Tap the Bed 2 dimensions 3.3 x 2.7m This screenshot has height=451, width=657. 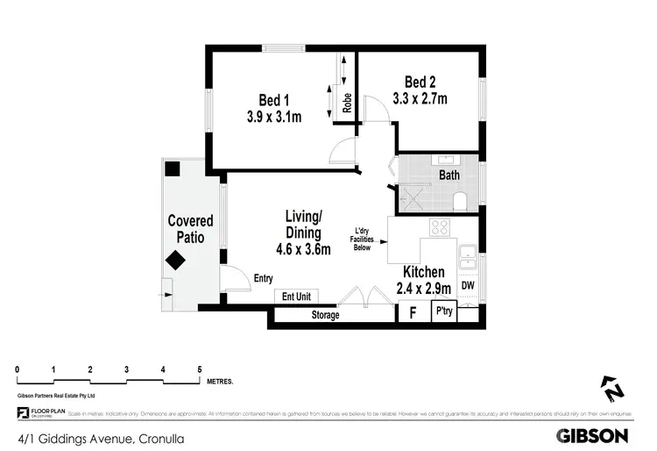click(x=419, y=99)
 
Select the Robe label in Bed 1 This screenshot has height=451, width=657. click(x=347, y=104)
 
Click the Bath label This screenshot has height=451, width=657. click(x=449, y=175)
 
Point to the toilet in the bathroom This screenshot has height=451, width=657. click(x=460, y=204)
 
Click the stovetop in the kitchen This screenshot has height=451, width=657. click(x=439, y=228)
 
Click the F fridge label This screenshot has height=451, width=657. click(x=411, y=311)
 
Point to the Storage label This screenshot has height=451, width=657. click(x=325, y=315)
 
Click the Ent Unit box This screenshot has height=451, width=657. click(x=296, y=297)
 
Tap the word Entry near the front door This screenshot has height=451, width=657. click(x=263, y=279)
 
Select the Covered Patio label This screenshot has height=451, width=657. click(x=190, y=229)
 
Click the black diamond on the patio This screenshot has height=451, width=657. click(x=175, y=260)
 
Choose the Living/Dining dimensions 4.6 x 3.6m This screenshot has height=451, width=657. click(x=303, y=249)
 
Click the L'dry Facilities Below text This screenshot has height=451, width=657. click(x=361, y=238)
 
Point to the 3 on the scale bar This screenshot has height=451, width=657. click(x=126, y=369)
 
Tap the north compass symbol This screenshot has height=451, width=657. click(x=611, y=388)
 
